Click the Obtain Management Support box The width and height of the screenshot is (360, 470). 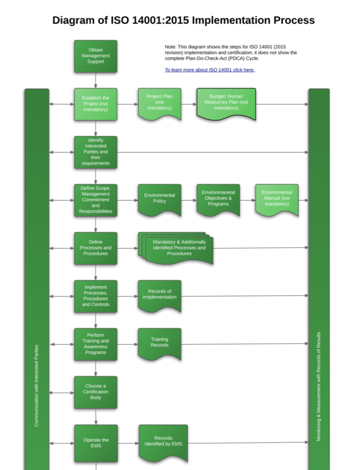(x=95, y=56)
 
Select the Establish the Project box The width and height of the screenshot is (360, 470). (x=95, y=104)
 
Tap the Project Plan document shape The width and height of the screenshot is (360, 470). (x=159, y=103)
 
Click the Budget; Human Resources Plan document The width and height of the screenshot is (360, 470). (x=226, y=103)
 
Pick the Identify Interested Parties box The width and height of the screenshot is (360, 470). (x=95, y=152)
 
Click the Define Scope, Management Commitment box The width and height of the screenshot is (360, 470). (x=95, y=200)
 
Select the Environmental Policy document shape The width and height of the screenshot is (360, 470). (x=159, y=198)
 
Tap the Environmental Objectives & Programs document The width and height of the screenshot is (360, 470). (x=218, y=198)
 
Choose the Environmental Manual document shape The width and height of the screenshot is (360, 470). (x=277, y=198)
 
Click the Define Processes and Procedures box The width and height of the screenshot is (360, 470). (x=95, y=248)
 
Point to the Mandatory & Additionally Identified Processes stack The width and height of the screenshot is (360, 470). (x=177, y=248)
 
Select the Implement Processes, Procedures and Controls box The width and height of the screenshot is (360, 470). (x=95, y=296)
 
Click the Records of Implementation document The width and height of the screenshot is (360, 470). (x=159, y=295)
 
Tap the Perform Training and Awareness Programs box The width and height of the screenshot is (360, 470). (x=95, y=344)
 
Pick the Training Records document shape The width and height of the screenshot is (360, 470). (x=159, y=342)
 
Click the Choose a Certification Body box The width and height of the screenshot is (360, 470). (x=95, y=392)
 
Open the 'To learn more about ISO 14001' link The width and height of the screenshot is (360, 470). (x=210, y=70)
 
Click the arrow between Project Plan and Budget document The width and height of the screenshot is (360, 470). (x=189, y=104)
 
